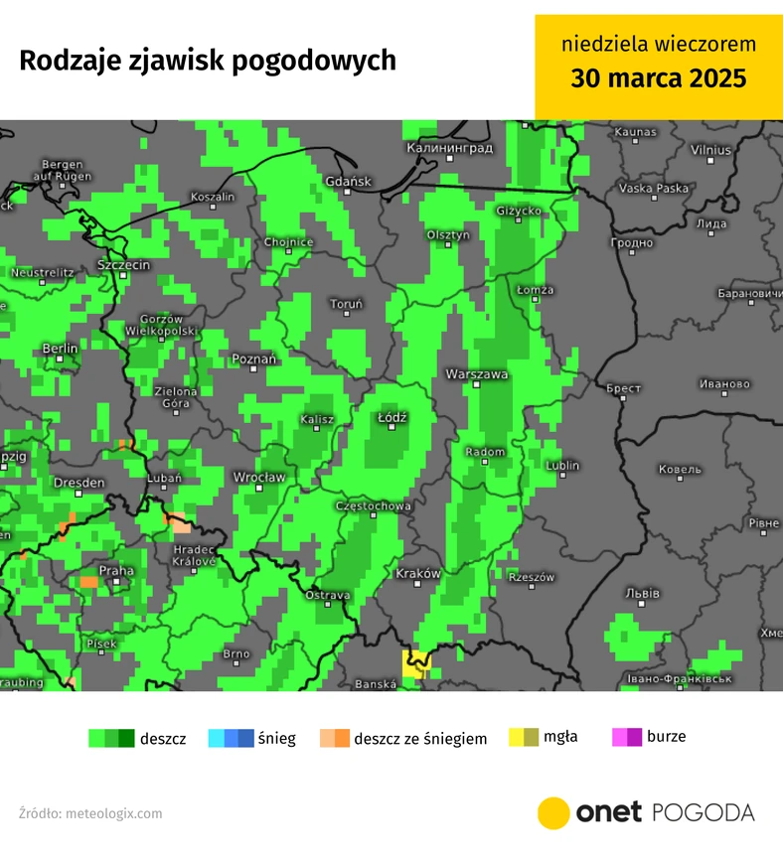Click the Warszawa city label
coord(477,373)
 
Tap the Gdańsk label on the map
coord(348,181)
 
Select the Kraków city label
coord(417,574)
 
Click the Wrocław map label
coord(258,478)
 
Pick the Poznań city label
coord(253,359)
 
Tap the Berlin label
coord(60,349)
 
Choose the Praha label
coord(116,570)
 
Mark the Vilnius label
coord(710,150)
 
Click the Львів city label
coord(642,593)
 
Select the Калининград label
coord(449,147)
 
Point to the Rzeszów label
coord(530,577)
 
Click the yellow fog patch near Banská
coord(416,662)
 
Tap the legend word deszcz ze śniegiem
coord(420,739)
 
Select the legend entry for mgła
coord(560,737)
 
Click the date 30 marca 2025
coord(658,78)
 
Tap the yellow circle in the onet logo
coord(553,812)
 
